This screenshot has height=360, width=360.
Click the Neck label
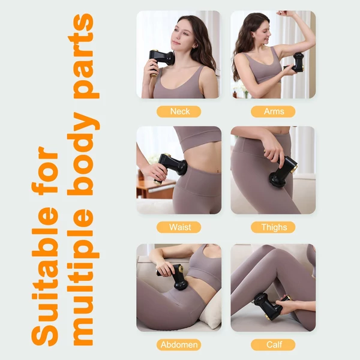click(x=179, y=112)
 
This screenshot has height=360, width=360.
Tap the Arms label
click(x=273, y=112)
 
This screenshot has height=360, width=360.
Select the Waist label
click(x=179, y=227)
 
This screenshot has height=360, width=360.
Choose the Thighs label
click(x=273, y=227)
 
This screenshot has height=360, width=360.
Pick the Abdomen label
click(x=179, y=345)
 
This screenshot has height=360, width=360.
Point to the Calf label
click(x=273, y=345)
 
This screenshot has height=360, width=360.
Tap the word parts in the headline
click(x=84, y=56)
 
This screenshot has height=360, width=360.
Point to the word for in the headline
click(x=45, y=170)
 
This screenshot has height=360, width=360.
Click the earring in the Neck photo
click(x=195, y=47)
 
